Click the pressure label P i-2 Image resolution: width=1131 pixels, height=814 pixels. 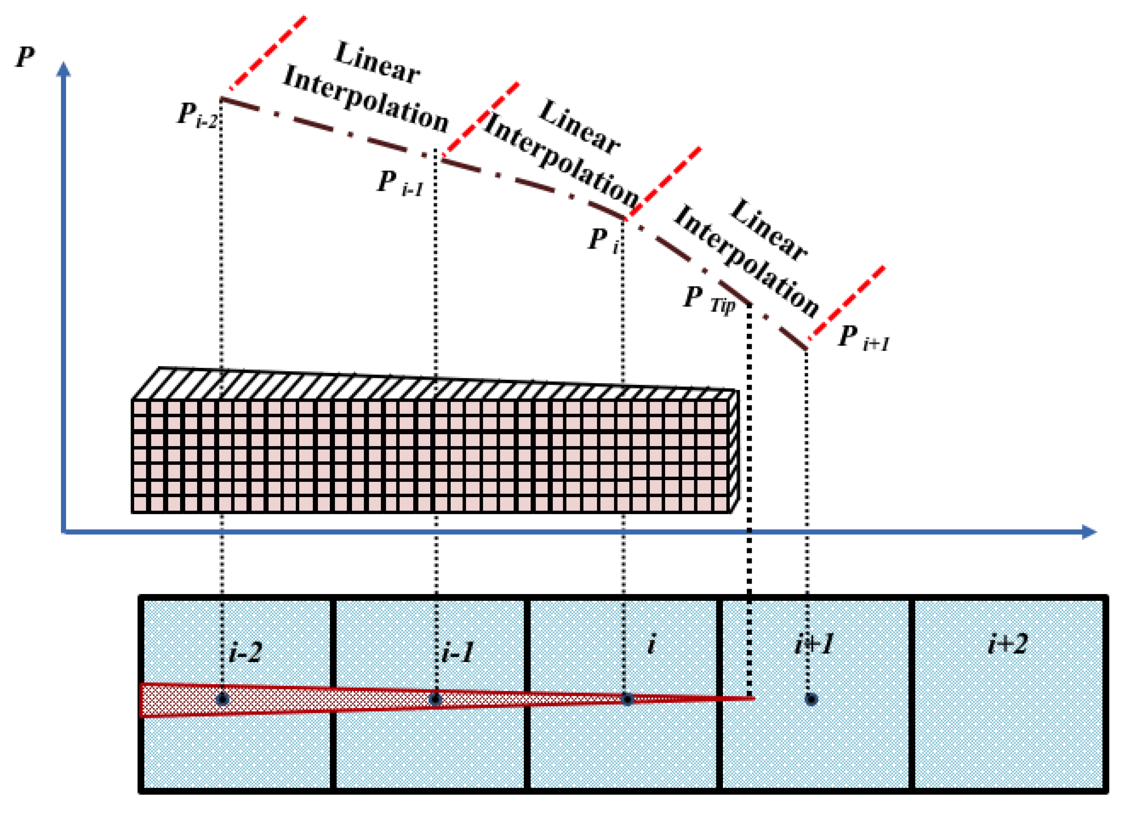tap(197, 116)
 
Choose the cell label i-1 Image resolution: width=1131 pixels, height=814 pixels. tap(458, 652)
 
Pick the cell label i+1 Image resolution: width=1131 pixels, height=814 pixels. tap(814, 644)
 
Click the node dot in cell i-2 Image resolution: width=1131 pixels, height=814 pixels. tap(222, 699)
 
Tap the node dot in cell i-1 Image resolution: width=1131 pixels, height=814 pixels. tap(435, 699)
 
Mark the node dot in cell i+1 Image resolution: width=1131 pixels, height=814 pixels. tap(811, 699)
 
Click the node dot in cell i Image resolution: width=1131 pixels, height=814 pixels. tap(627, 699)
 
